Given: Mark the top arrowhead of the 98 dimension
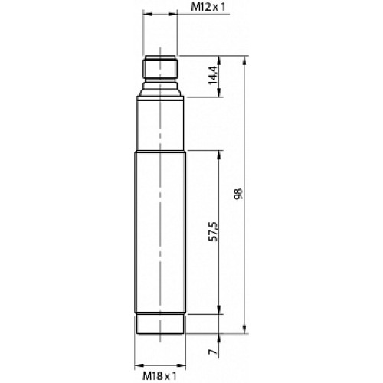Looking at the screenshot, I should tap(244, 59).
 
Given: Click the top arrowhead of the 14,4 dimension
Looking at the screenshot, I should tap(220, 59).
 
